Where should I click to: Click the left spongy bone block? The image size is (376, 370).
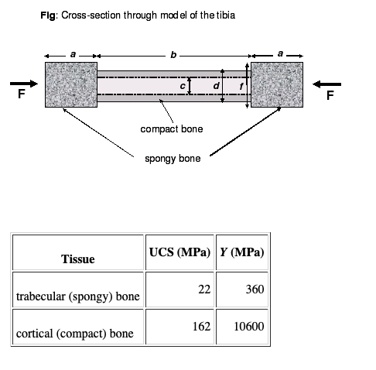coord(71,84)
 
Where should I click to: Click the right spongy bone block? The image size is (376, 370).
coord(277,84)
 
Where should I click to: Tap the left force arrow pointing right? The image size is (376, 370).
coord(24,84)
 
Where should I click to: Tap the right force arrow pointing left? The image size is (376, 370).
coord(326,84)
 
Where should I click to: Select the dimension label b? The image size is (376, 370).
coord(173,55)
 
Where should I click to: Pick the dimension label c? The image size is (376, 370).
coord(183,86)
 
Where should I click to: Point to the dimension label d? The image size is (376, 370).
coord(216,85)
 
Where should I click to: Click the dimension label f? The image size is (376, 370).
coord(241,86)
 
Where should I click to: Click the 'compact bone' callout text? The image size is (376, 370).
coord(172,129)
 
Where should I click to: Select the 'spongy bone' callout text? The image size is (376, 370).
coord(173,159)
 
